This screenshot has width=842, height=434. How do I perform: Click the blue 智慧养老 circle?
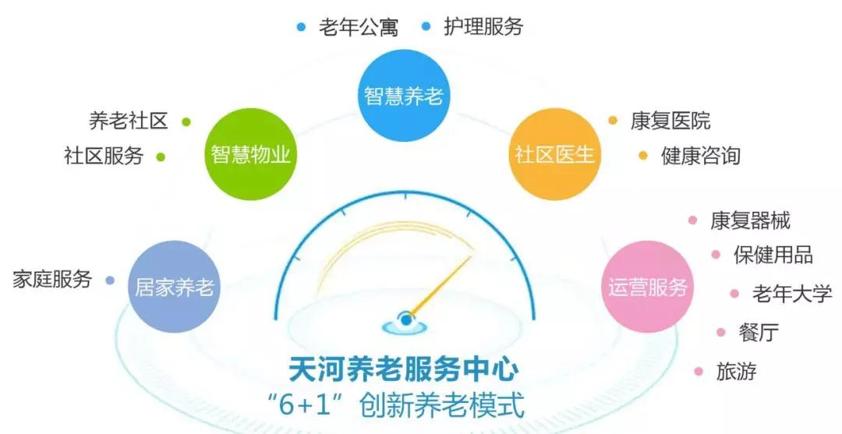(403, 96)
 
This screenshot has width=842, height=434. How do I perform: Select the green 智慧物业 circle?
(251, 154)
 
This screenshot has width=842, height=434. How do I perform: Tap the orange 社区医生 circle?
(555, 154)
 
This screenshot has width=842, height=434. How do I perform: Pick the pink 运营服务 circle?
(647, 287)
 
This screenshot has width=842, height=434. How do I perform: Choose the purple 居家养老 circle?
(174, 287)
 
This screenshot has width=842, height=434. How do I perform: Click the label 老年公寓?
(359, 26)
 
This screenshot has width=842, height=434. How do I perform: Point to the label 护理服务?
(483, 26)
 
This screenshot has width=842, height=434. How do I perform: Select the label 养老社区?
(129, 121)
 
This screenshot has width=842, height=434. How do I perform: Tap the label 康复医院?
(670, 121)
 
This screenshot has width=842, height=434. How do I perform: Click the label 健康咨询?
(701, 156)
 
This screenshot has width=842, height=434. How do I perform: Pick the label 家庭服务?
(52, 279)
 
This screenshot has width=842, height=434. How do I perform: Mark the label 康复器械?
(751, 221)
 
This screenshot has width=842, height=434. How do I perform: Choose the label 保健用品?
(773, 255)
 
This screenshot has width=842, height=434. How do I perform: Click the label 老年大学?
(792, 294)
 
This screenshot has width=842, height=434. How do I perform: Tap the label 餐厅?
(759, 333)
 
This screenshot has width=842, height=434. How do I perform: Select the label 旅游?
(736, 371)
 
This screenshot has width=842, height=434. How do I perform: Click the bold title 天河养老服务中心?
(404, 369)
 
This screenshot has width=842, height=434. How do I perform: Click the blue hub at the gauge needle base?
(406, 320)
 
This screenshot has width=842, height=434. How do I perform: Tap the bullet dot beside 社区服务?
(161, 157)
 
